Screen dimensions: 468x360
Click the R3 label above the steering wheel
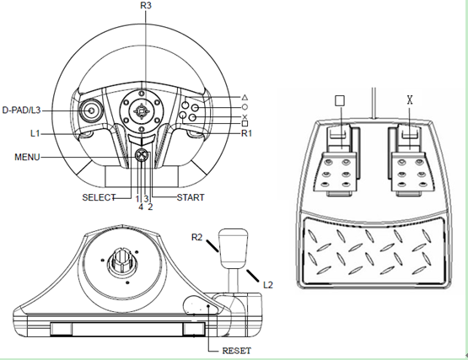pos(146,5)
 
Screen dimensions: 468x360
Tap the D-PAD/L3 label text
pos(21,110)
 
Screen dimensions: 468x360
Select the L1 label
pos(35,133)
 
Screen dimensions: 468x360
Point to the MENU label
pos(27,157)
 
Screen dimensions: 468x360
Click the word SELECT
pos(99,197)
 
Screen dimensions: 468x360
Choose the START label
pos(191,197)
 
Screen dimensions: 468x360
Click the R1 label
pos(246,133)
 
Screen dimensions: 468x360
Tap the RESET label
pos(237,351)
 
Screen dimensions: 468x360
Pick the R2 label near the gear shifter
pos(197,237)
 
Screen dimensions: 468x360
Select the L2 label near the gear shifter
pos(268,285)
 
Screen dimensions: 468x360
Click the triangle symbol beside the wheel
pos(245,97)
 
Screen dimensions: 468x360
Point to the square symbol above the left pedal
pos(340,100)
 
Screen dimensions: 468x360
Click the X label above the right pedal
pos(410,100)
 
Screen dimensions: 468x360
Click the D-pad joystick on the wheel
pos(91,110)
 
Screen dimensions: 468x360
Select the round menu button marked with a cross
pos(142,155)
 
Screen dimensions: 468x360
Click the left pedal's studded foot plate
pos(335,172)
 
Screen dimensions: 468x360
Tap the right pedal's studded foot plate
pos(412,172)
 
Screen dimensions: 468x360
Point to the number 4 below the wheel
pos(141,207)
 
